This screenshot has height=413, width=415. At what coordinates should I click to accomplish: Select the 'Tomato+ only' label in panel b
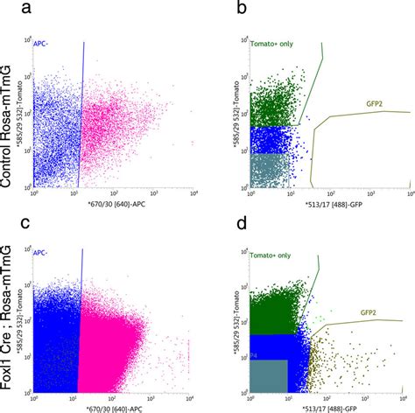[x=272, y=43]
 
